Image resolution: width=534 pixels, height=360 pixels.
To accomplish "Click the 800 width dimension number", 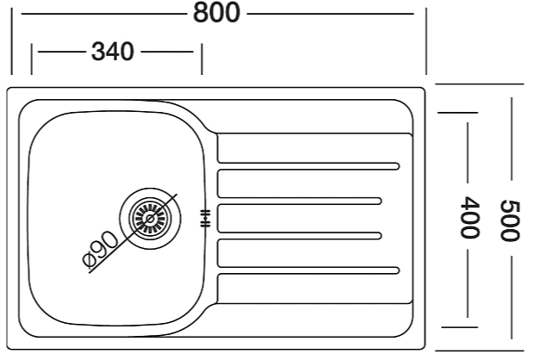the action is [x=216, y=13].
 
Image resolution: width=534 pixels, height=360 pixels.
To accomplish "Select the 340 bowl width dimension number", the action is [x=113, y=52].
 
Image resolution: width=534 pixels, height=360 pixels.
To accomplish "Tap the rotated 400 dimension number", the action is [x=469, y=217].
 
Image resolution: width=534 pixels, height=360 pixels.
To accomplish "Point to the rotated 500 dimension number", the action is [x=510, y=220].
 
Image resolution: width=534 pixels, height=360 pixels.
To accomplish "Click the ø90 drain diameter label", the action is [x=100, y=249].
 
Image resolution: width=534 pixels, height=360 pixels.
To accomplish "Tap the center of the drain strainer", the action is [x=150, y=218].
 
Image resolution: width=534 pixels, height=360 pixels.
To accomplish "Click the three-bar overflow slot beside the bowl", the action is [x=205, y=218].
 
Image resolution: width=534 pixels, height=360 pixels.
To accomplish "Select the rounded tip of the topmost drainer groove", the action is [x=397, y=166].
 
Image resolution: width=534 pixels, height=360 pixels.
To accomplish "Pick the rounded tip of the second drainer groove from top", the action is [x=379, y=201].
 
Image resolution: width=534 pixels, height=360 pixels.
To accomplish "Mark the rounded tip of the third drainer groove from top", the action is [x=379, y=236].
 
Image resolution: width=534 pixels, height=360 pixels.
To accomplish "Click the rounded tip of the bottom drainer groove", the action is [x=397, y=270].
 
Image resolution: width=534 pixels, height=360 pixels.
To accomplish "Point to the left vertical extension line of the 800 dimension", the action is [x=11, y=41].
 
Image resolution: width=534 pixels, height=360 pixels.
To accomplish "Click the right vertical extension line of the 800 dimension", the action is [x=426, y=41].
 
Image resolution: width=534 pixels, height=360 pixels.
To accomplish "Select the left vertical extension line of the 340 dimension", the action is [x=32, y=59].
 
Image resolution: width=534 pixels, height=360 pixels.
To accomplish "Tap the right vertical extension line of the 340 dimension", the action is [x=202, y=59].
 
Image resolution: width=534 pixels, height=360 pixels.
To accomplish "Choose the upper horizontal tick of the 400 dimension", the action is [x=457, y=113].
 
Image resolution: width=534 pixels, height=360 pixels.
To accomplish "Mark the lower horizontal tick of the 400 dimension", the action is [x=459, y=327].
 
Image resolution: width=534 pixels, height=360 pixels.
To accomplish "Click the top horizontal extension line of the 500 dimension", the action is [x=480, y=84].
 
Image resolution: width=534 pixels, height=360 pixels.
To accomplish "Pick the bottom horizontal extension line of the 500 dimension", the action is [x=480, y=351].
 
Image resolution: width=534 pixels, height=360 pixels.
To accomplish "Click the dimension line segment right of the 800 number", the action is [x=331, y=14].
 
